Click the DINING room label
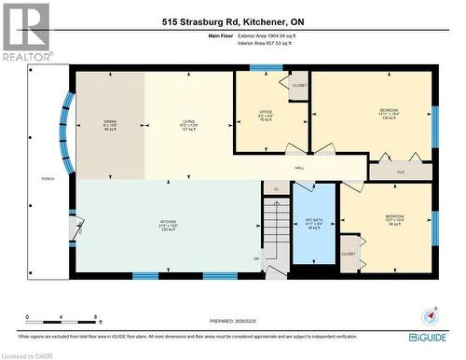pos(110,122)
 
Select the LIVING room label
pos(188,122)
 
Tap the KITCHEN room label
pos(168,222)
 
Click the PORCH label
pos(48,177)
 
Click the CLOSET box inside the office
pos(299,86)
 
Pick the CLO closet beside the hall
pos(400,172)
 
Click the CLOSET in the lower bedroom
pos(349,254)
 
